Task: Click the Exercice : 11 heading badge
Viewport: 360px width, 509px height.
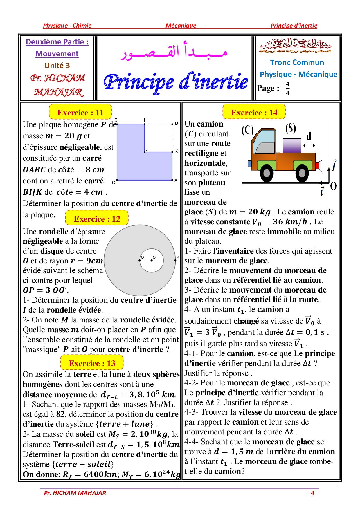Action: pos(80,113)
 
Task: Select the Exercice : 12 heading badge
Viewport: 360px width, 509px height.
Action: pos(97,219)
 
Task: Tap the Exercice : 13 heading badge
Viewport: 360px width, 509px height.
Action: pos(92,363)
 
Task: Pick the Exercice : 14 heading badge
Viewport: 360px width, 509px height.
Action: pos(254,113)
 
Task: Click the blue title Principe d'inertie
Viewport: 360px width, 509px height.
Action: pos(175,82)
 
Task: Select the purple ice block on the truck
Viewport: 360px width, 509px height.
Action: pos(292,146)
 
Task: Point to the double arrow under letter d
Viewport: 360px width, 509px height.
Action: pos(309,145)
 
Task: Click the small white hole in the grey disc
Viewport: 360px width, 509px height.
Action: pos(152,260)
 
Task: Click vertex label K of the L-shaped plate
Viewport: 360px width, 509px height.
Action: pos(176,151)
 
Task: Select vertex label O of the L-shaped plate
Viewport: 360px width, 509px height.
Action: pos(114,183)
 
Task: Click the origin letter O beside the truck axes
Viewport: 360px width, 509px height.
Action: pos(334,186)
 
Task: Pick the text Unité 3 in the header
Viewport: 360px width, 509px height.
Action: pos(57,66)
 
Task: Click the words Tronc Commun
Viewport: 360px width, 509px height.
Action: pos(297,62)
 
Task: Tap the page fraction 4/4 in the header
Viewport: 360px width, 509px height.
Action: pos(287,89)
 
